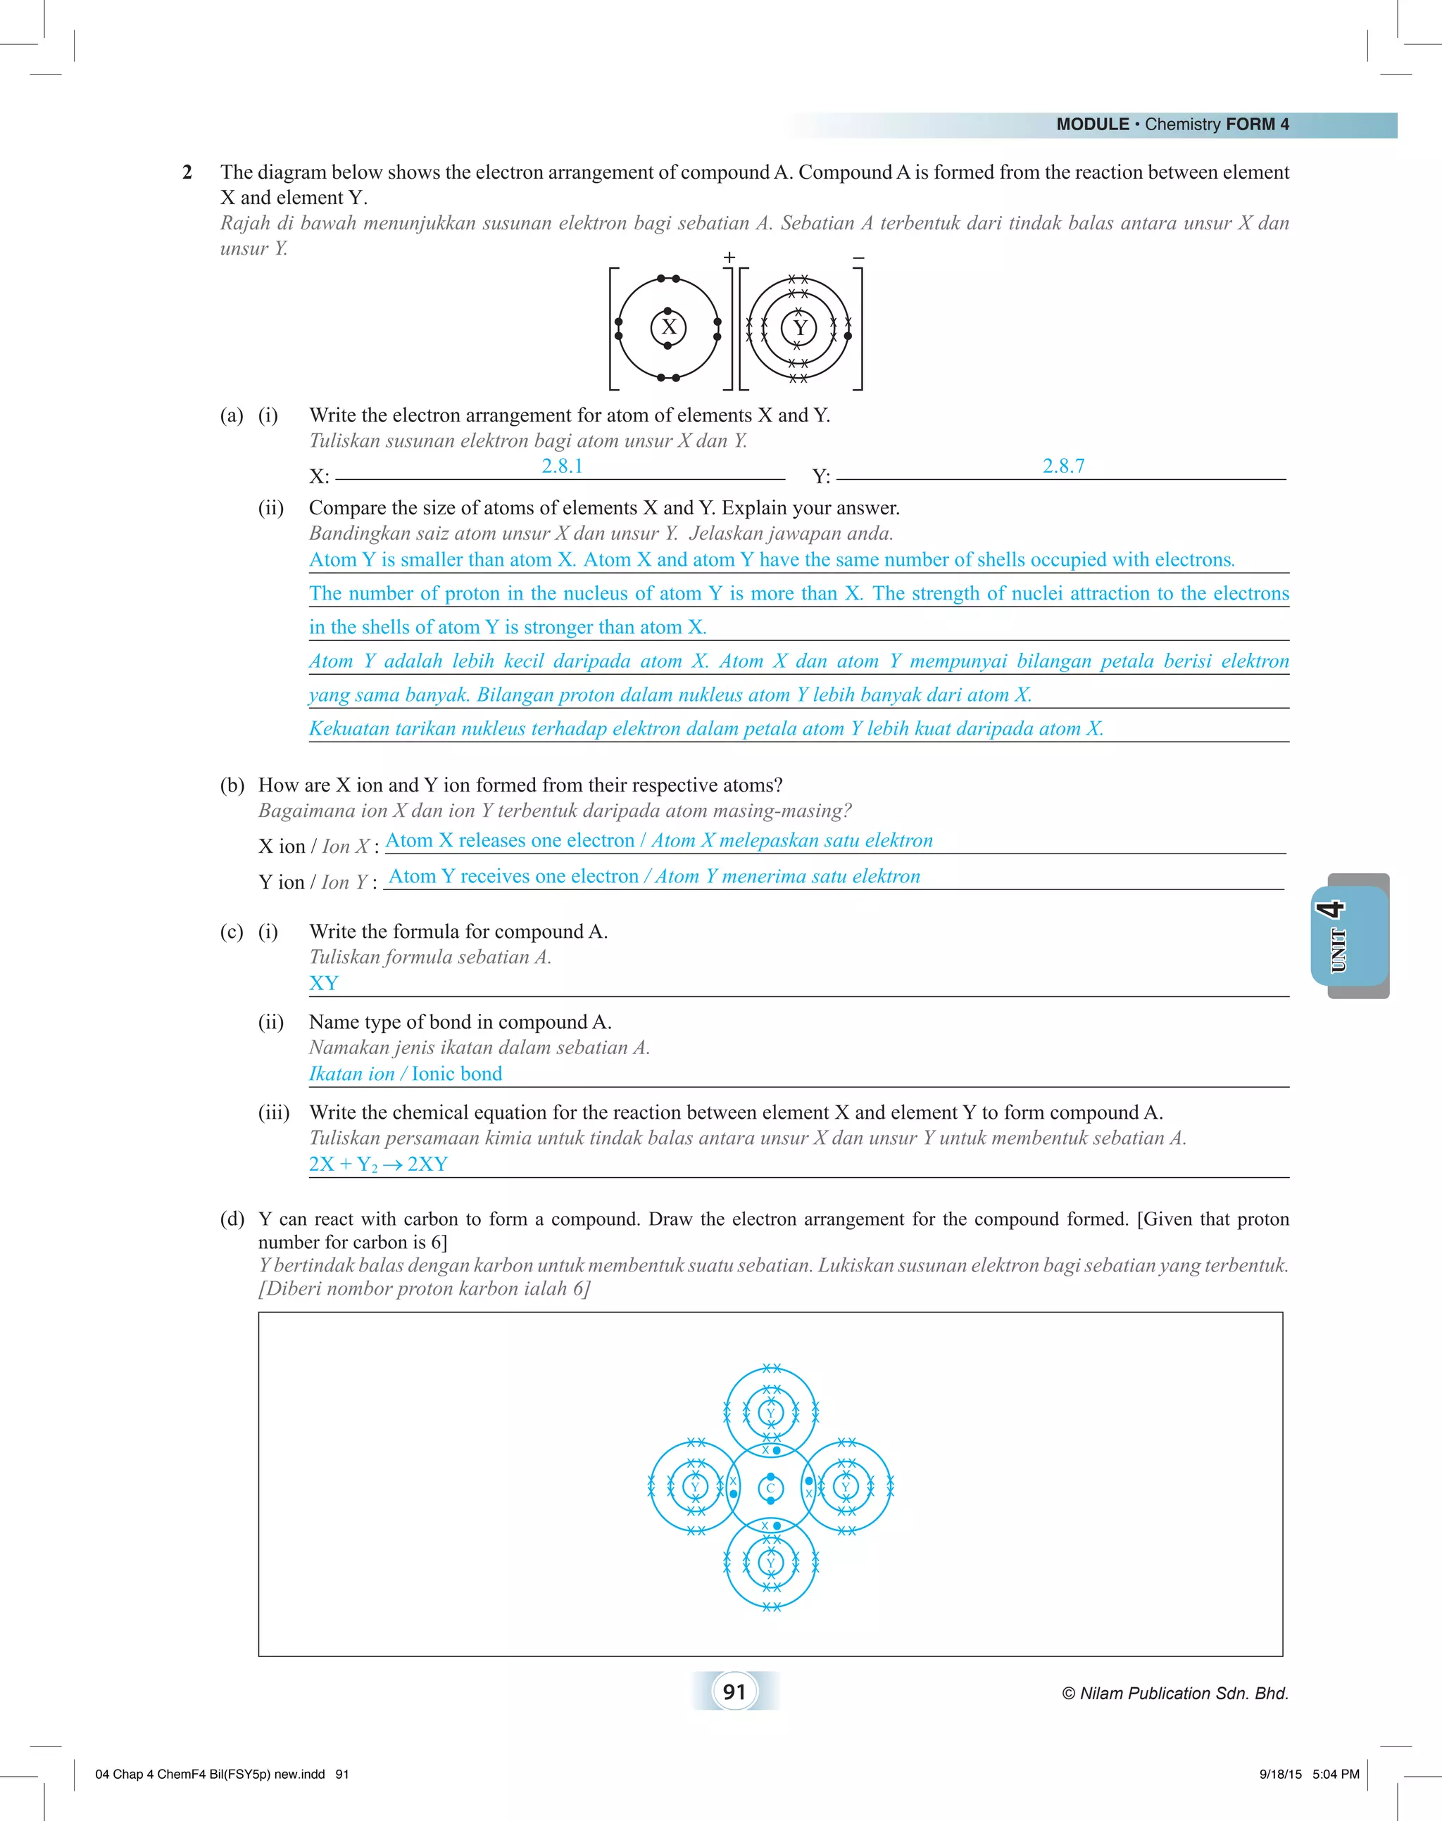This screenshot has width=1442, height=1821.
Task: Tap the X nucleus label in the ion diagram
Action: coord(669,327)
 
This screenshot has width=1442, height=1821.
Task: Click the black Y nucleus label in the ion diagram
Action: coord(800,327)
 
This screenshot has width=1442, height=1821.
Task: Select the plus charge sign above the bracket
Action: coord(729,257)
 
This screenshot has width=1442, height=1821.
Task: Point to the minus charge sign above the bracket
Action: coord(858,258)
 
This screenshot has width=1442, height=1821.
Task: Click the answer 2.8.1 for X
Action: coord(563,466)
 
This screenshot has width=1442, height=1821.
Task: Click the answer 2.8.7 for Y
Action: coord(1063,466)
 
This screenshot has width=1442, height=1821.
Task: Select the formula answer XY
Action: coord(323,983)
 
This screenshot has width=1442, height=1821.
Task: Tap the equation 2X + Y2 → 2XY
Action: coord(378,1164)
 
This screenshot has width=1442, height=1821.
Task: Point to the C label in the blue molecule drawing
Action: coord(770,1488)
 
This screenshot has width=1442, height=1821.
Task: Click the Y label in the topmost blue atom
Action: coord(770,1413)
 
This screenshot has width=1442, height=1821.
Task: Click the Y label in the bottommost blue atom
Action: coord(770,1563)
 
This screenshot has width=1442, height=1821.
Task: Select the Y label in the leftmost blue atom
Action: coord(695,1487)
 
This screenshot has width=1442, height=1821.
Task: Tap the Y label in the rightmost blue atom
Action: coord(846,1487)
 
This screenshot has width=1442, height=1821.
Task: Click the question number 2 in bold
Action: coord(187,172)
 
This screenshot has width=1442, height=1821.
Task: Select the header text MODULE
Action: coord(1093,125)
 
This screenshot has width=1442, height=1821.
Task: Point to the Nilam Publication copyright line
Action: coord(1175,1693)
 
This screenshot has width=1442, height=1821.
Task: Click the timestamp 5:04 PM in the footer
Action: coord(1336,1774)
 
